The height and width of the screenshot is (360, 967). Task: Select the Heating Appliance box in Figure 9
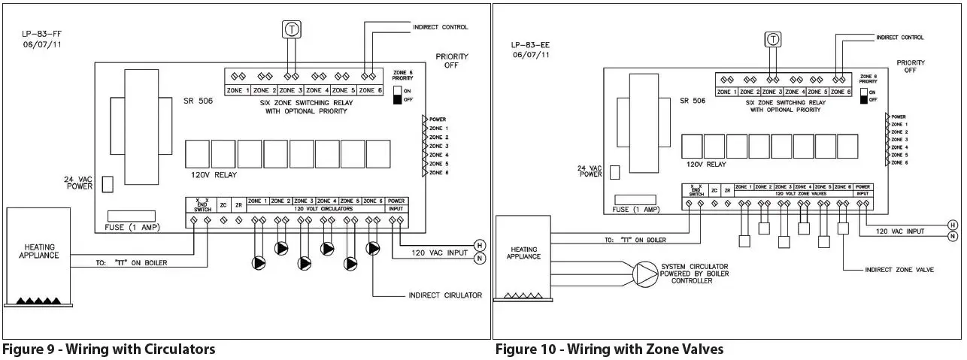[x=38, y=256]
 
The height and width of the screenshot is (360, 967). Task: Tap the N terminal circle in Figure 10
[x=953, y=237]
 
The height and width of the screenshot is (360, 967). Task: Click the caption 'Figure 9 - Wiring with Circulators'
[x=108, y=349]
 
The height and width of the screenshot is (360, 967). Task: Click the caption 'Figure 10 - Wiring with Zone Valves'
[x=609, y=349]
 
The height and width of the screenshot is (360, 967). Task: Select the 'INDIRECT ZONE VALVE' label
[x=899, y=269]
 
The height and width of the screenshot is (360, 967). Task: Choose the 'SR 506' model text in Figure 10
[x=694, y=100]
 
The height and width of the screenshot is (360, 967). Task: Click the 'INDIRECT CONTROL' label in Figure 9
[x=440, y=27]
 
